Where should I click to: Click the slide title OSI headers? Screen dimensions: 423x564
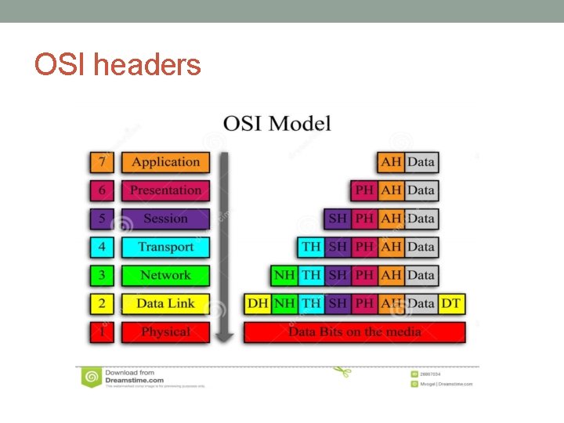click(x=117, y=64)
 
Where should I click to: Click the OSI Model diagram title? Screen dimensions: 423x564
click(x=277, y=124)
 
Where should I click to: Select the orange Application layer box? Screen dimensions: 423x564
click(x=165, y=162)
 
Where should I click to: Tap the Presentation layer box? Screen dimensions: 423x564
click(x=165, y=190)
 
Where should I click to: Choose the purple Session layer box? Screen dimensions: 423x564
click(x=165, y=219)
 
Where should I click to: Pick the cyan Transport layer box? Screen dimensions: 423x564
click(x=165, y=247)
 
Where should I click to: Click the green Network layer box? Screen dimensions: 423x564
click(x=165, y=275)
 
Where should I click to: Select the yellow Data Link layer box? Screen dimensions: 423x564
click(x=165, y=303)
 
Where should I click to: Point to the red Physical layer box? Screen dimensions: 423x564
click(x=165, y=331)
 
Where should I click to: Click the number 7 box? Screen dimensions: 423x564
click(x=101, y=162)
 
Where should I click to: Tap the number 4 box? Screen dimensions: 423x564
click(x=101, y=247)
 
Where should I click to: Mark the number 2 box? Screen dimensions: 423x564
click(x=101, y=303)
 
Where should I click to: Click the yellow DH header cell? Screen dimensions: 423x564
click(x=258, y=303)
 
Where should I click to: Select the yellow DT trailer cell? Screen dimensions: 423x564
click(x=450, y=303)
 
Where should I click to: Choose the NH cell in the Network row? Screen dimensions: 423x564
click(x=284, y=275)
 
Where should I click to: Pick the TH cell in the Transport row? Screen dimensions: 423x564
click(x=311, y=247)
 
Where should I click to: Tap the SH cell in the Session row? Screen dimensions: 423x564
click(x=338, y=219)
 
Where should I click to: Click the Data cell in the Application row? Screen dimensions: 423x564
click(x=421, y=162)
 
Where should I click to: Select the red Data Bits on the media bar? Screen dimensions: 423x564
click(x=354, y=331)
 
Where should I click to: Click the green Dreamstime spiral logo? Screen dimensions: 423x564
click(x=91, y=377)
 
